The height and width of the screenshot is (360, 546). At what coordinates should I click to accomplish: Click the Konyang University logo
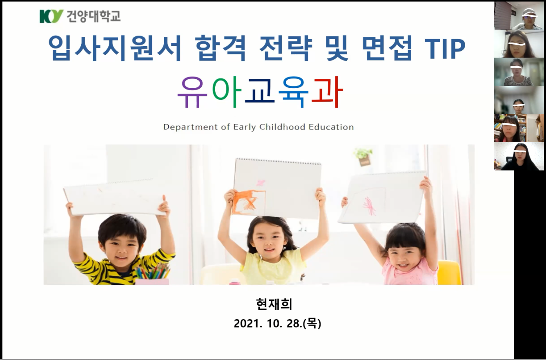point(80,16)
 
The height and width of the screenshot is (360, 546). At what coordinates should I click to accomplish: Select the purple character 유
point(193,92)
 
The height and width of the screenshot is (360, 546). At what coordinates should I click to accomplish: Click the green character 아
point(227,92)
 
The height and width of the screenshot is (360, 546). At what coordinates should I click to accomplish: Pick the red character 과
point(326,92)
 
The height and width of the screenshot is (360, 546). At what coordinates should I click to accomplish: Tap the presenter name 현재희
point(274,304)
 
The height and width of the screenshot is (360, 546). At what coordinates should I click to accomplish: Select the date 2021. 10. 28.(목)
point(277,323)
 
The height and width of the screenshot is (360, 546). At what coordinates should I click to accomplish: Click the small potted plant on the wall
point(363,156)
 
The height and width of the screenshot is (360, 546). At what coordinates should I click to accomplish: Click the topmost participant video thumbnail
point(519,16)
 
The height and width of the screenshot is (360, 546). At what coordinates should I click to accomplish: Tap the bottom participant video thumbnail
point(519,156)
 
